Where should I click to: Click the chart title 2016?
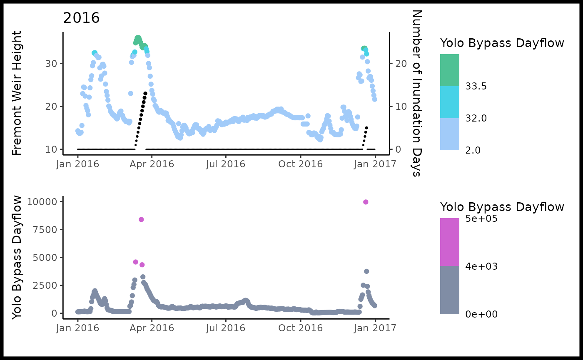pos(82,18)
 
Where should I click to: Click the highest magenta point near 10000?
pos(366,202)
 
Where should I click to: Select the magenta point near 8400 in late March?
pos(141,219)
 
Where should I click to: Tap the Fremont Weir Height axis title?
pos(17,94)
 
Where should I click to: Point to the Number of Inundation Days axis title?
pos(416,93)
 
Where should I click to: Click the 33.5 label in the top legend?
pos(476,86)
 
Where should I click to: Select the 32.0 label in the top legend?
pos(476,118)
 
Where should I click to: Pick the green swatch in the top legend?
pos(450,70)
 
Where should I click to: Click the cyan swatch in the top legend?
pos(450,102)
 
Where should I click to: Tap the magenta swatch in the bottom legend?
pos(450,242)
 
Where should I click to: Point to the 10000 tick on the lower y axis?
pos(41,202)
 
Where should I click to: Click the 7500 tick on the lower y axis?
pos(44,230)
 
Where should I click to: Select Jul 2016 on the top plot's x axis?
pos(226,164)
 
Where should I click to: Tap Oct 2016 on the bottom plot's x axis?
pos(301,328)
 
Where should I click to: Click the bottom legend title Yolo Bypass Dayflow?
pos(502,207)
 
